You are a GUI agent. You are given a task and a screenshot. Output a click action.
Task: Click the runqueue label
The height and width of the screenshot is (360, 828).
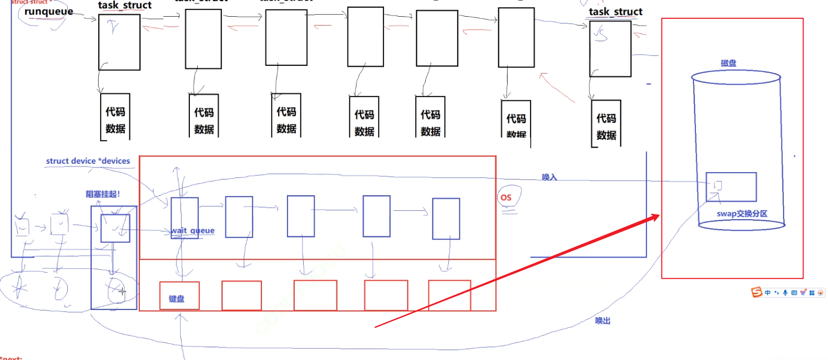49,11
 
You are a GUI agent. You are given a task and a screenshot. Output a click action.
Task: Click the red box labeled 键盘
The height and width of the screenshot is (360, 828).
179,296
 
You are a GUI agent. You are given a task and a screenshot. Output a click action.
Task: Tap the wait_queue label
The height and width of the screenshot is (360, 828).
193,231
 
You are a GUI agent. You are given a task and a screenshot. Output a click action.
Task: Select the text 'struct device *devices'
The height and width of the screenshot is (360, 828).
88,161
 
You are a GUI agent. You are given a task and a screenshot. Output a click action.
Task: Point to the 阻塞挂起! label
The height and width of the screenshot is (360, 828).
103,194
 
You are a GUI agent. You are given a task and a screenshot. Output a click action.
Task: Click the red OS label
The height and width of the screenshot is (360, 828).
506,197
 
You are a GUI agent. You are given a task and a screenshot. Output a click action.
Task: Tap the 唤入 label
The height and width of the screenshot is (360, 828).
549,177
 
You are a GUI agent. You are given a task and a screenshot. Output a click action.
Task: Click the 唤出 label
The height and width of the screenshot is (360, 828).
603,320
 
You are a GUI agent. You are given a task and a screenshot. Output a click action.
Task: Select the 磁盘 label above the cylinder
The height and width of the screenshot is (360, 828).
728,63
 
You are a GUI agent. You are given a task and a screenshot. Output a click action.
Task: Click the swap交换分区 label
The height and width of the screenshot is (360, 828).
741,213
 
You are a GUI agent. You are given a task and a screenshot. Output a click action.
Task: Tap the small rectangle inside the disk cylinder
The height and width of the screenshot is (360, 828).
731,187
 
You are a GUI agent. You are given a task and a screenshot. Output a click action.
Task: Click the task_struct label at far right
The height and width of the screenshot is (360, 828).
615,11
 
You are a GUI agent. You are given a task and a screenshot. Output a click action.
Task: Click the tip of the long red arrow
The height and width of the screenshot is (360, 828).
659,215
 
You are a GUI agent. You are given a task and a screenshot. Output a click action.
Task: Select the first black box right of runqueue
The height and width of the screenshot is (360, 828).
119,42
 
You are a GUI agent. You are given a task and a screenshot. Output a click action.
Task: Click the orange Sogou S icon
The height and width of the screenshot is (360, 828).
757,292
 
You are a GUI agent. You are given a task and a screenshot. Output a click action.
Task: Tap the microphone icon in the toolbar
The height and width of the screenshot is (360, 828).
785,293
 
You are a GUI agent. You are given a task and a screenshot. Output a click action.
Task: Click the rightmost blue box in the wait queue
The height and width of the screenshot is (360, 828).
446,219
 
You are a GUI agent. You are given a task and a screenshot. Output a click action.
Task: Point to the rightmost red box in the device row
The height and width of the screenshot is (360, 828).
449,295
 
